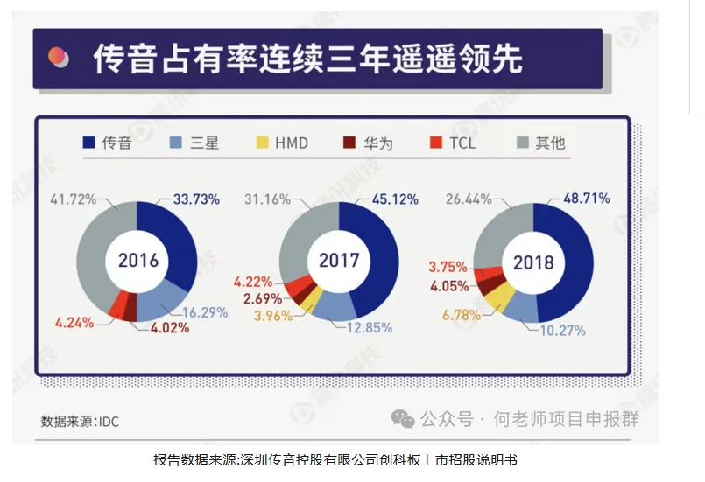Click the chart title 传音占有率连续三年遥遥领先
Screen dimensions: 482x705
click(x=307, y=59)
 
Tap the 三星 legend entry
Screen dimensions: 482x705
click(x=194, y=142)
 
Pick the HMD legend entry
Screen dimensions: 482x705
click(x=281, y=142)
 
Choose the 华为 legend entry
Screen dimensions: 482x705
click(x=371, y=142)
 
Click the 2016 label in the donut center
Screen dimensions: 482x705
click(x=137, y=261)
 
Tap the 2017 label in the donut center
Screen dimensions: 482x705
click(x=339, y=261)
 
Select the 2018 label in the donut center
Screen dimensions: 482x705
click(x=533, y=261)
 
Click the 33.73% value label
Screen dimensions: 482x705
click(x=196, y=199)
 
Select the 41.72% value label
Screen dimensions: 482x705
click(x=75, y=199)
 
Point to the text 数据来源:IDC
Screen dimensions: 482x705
click(x=80, y=422)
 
